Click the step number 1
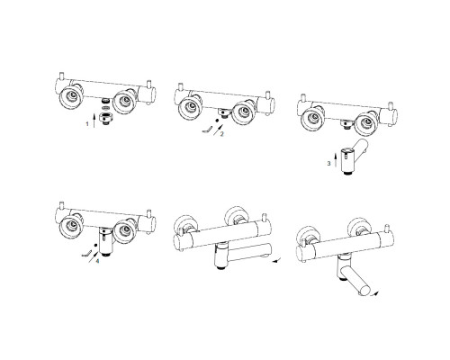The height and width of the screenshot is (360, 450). (87, 124)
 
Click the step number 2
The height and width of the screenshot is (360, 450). (222, 134)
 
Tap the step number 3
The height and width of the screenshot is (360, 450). (328, 164)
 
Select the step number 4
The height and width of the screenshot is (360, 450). (97, 261)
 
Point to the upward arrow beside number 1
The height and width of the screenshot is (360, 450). (94, 121)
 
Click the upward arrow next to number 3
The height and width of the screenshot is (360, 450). (336, 159)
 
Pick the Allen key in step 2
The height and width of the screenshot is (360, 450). (207, 130)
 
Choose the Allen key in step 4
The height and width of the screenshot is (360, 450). (85, 254)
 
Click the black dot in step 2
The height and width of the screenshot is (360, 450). (217, 121)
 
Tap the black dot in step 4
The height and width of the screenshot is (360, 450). (95, 245)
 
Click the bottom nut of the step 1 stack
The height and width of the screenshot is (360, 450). (105, 119)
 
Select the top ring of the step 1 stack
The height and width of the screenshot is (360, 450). (105, 101)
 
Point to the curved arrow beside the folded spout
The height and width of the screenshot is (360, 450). (276, 260)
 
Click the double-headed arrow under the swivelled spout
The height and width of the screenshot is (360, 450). (373, 293)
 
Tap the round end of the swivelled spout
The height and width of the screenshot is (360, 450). (365, 290)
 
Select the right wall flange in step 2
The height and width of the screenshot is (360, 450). (244, 112)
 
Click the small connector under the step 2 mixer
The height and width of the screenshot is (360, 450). (223, 112)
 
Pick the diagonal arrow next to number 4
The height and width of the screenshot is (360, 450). (93, 257)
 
